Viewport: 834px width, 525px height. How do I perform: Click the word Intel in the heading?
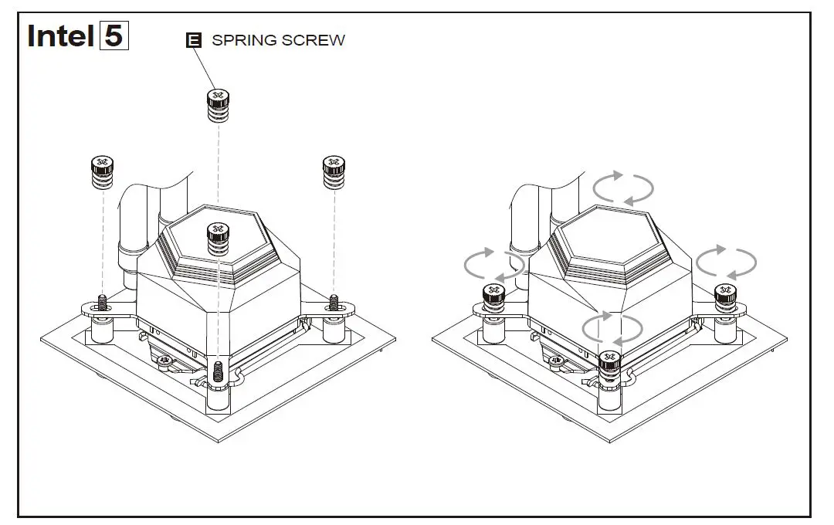(60, 36)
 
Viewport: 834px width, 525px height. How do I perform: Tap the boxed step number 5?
(114, 36)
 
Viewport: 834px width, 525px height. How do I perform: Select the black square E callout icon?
(194, 41)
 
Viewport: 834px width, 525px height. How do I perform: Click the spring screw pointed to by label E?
(217, 104)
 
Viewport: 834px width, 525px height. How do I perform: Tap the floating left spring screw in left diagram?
(102, 171)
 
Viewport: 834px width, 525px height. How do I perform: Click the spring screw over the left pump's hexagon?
(218, 235)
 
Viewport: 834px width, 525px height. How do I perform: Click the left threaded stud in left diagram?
(102, 302)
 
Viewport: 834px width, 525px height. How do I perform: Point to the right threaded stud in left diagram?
(334, 300)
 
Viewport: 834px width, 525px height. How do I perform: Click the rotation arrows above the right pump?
(622, 187)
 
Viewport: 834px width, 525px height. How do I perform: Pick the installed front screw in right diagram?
(610, 361)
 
